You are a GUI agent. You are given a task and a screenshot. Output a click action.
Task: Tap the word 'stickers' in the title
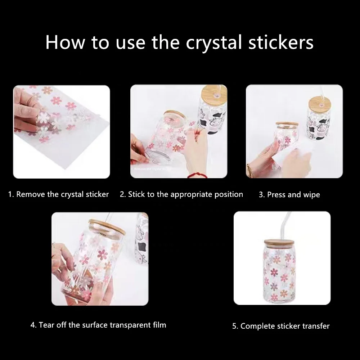pos(280,42)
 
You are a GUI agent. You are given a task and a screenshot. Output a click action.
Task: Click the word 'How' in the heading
pos(65,42)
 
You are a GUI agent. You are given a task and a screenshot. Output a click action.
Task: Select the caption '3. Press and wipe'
pos(289,195)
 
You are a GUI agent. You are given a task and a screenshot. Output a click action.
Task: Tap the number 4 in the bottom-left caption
pos(33,325)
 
